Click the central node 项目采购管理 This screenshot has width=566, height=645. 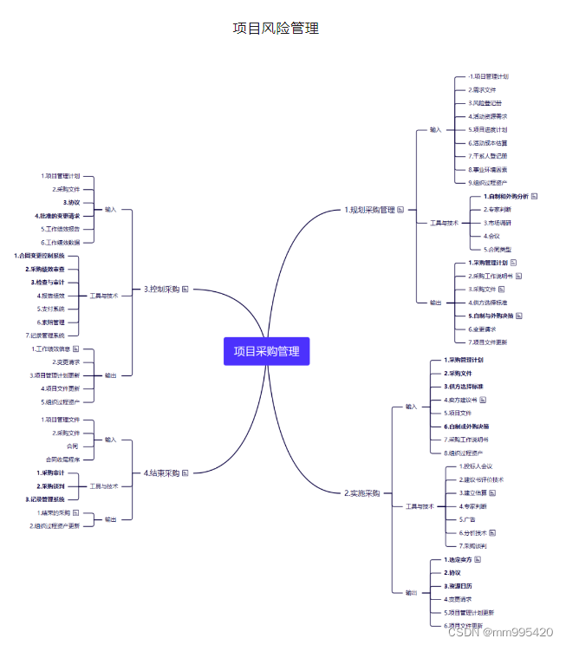click(267, 351)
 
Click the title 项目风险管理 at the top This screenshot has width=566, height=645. click(276, 28)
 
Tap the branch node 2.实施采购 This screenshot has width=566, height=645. click(362, 492)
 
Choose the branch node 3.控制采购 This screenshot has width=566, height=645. click(161, 289)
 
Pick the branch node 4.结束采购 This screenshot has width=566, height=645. click(161, 472)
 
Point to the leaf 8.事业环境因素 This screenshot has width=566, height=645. click(488, 169)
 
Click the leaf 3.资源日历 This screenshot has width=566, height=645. click(459, 586)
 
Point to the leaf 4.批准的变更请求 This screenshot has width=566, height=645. click(57, 215)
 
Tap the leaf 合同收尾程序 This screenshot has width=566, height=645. click(62, 459)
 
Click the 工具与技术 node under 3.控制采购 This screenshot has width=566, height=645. click(104, 296)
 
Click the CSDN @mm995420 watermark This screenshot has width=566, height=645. click(500, 632)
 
